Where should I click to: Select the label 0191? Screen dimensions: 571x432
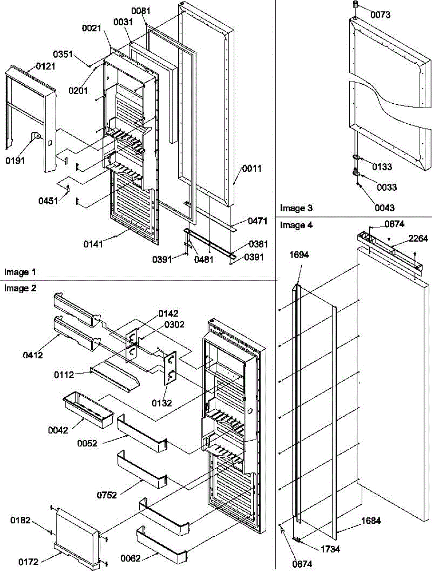[16, 161]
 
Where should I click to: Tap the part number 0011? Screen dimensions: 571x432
[252, 168]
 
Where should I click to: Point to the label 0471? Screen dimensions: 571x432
[258, 221]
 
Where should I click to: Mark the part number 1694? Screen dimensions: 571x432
[299, 255]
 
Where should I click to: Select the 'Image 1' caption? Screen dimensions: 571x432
[20, 272]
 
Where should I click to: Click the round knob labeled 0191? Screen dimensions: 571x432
[36, 138]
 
